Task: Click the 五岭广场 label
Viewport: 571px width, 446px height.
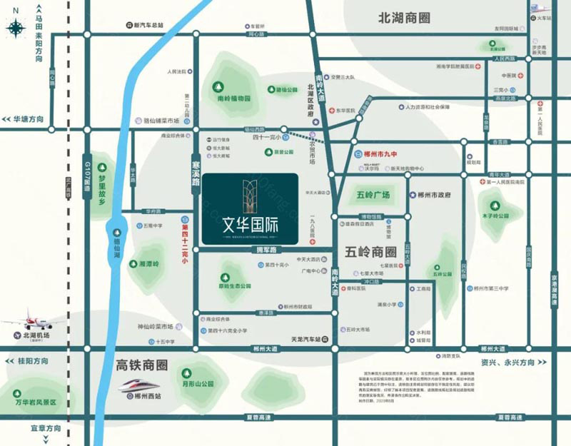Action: pos(372,195)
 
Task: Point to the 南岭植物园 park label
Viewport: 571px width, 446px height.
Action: pos(234,98)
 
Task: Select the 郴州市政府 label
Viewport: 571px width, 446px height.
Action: pos(435,194)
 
